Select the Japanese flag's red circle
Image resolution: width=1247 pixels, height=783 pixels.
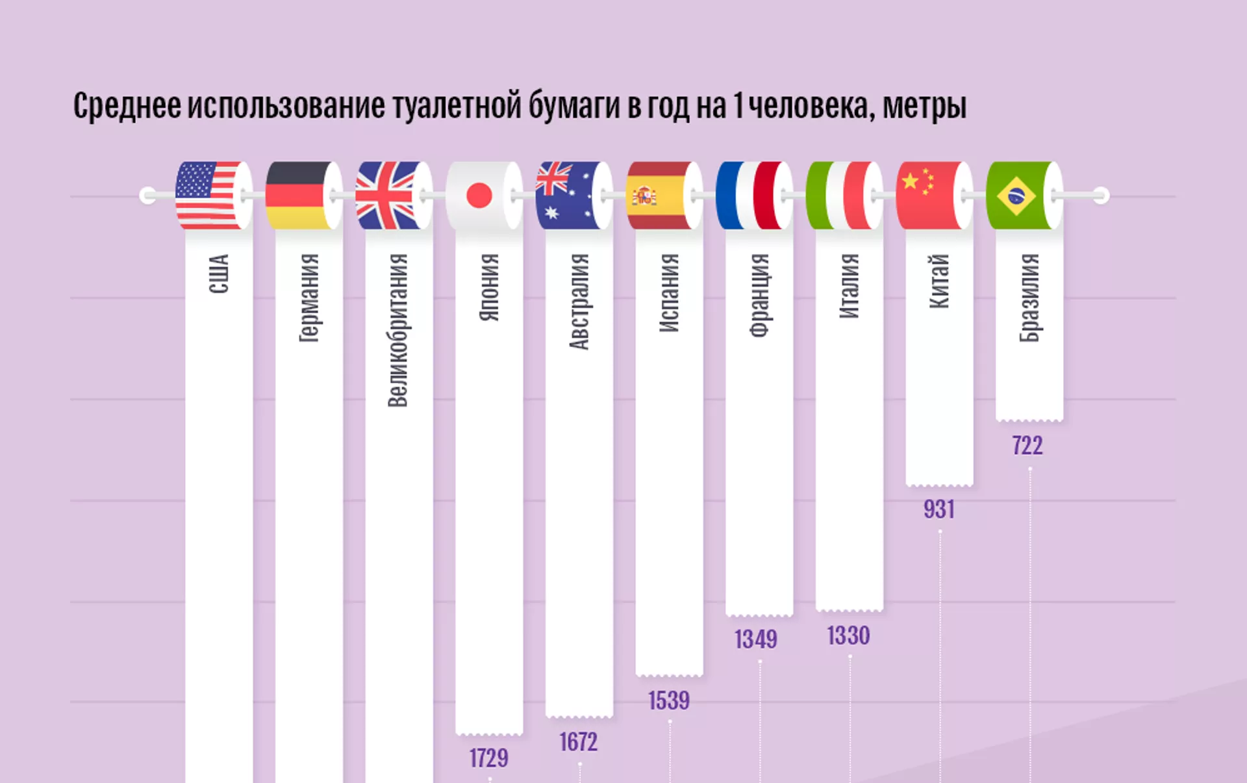[x=479, y=195]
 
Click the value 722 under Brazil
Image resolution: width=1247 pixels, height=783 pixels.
[x=1027, y=446]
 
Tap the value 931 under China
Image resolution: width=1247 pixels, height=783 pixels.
[x=939, y=509]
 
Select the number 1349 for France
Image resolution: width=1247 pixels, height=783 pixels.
[x=756, y=639]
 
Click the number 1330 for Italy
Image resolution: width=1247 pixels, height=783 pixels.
[x=848, y=635]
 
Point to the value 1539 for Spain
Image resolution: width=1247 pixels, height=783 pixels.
[x=669, y=700]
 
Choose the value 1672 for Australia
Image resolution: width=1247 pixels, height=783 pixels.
[x=579, y=742]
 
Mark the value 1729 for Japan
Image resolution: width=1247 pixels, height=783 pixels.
[x=489, y=758]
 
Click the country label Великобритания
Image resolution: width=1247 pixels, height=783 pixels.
[x=397, y=330]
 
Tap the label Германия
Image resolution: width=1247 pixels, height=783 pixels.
[x=309, y=297]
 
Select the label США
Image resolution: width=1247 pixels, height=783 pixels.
[x=218, y=274]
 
